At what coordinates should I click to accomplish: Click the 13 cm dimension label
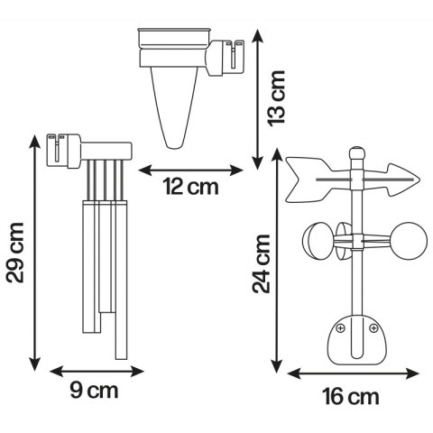pos(276,98)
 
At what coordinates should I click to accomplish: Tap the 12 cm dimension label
pos(191,187)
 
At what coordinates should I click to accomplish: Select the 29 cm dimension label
pos(15,253)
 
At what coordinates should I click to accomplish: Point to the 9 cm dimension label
pos(95,391)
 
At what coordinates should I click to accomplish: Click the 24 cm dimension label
pos(262,263)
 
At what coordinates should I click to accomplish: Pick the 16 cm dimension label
pos(351,397)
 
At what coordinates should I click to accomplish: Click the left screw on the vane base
pos(340,327)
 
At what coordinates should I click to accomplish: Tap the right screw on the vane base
pos(373,327)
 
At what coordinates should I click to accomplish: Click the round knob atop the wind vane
pos(357,152)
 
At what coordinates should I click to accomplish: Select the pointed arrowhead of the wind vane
pos(404,180)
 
